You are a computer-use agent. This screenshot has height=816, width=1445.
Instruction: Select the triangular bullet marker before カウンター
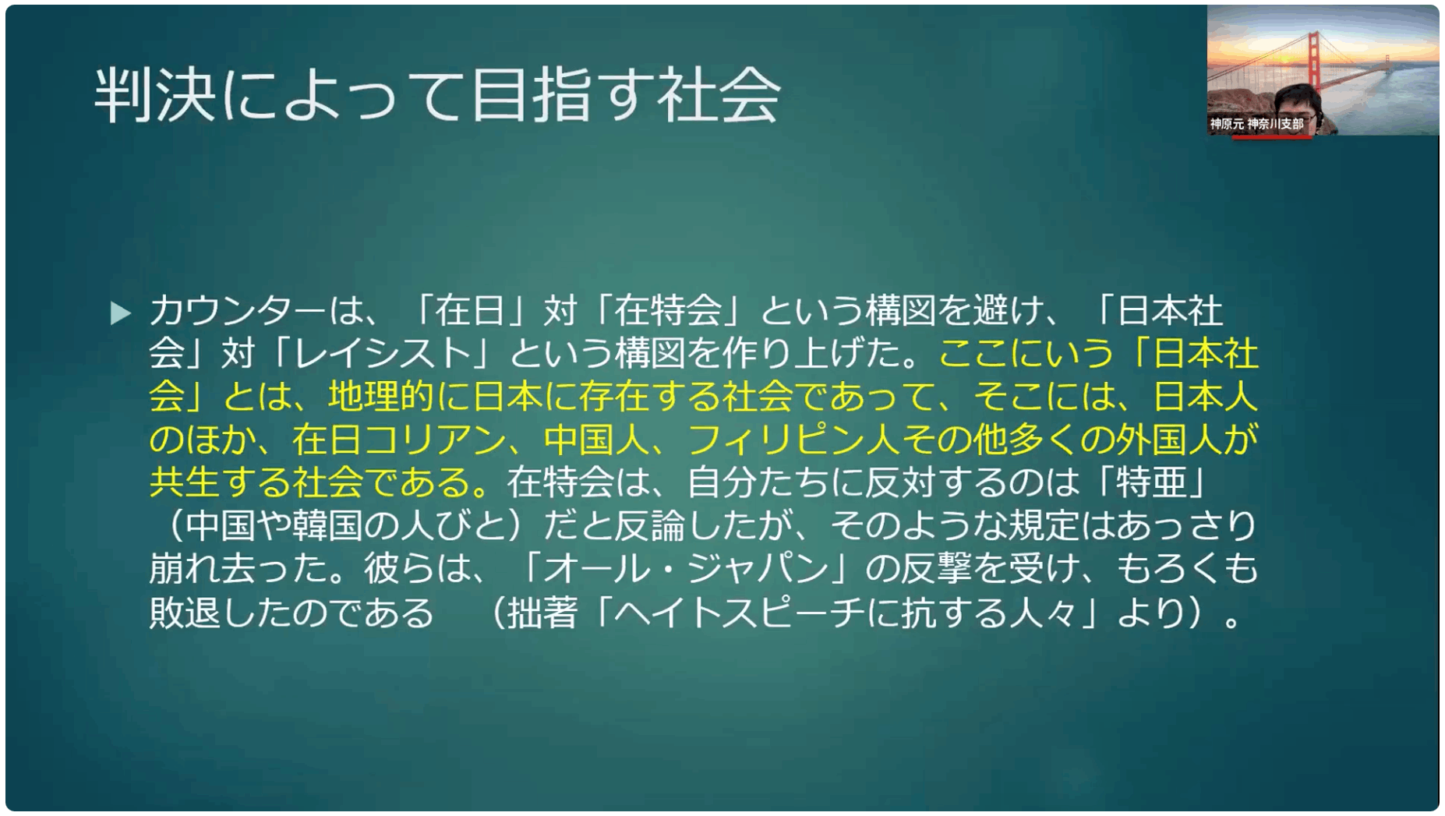pos(121,313)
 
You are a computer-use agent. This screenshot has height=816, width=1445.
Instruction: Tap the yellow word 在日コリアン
pos(399,440)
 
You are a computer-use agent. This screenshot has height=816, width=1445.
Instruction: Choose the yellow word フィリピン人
pos(793,440)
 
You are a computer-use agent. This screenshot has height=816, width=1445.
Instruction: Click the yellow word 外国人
pos(1170,440)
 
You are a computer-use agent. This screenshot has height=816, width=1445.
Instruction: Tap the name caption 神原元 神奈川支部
pos(1256,124)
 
